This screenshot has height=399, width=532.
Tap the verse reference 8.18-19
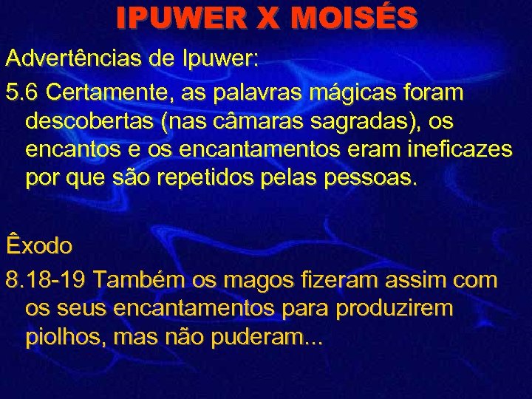[x=47, y=282]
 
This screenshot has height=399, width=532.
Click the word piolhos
[x=61, y=338]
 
